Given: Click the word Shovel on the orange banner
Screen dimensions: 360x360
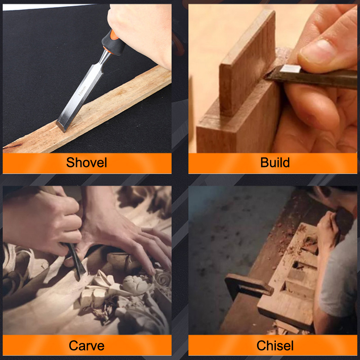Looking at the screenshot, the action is click(x=86, y=162).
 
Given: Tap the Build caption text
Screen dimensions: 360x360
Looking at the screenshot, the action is click(x=275, y=162).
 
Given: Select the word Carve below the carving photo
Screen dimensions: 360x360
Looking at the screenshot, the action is click(x=86, y=346).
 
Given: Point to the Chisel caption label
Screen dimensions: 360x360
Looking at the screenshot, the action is click(x=275, y=346).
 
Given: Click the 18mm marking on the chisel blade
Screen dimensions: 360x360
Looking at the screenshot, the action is click(x=82, y=91).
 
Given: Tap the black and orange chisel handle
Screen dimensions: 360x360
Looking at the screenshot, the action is click(x=113, y=42).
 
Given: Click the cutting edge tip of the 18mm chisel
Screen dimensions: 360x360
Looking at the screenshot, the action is click(x=61, y=126).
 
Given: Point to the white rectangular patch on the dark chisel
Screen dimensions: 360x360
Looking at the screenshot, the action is click(x=290, y=69).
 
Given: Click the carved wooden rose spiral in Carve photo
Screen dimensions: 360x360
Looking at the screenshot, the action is click(x=162, y=279).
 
